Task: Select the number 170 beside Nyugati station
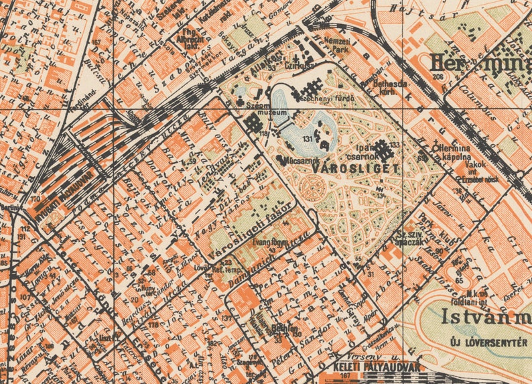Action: [35, 199]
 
